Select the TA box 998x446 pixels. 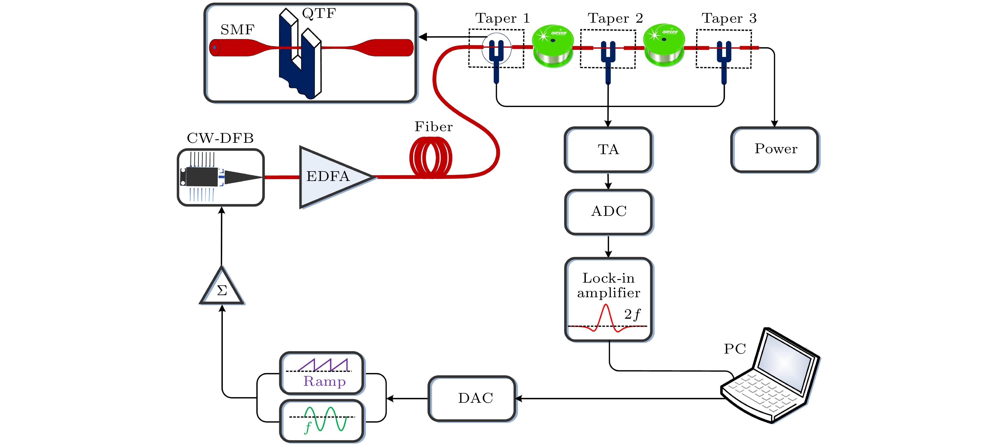(x=608, y=149)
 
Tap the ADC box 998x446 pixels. (x=608, y=212)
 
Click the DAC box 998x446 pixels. (x=472, y=398)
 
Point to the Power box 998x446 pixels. (x=775, y=149)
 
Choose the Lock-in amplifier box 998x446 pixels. (x=608, y=299)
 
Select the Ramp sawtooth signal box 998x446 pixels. (x=322, y=373)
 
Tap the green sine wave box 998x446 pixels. (x=322, y=420)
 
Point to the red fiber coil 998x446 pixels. (x=430, y=158)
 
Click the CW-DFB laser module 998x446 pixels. (x=220, y=177)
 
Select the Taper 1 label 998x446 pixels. (x=502, y=18)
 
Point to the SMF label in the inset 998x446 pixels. (x=237, y=30)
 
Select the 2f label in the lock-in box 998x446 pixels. (x=632, y=314)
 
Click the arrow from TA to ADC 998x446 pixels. (x=608, y=181)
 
